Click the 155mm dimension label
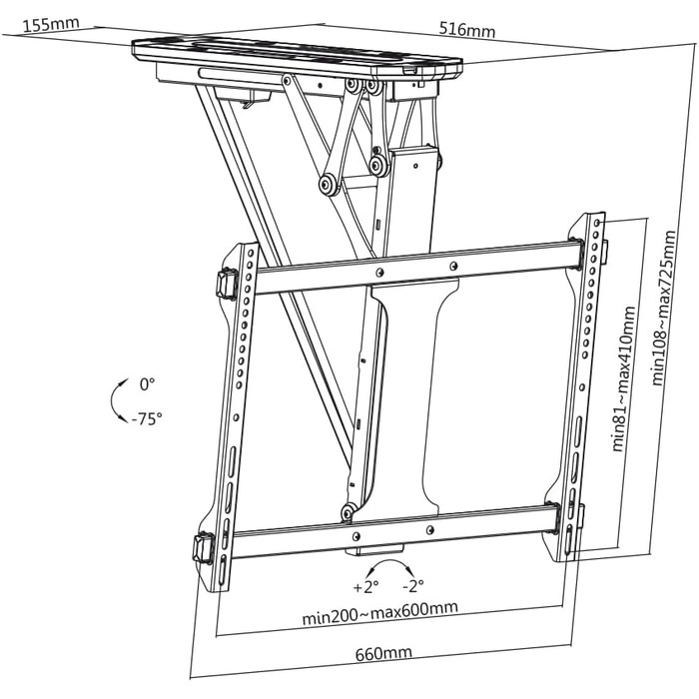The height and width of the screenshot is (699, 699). tap(51, 24)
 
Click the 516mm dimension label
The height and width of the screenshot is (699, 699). tap(466, 30)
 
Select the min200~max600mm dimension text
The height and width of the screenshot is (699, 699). tap(380, 609)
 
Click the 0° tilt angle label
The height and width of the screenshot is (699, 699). tap(149, 383)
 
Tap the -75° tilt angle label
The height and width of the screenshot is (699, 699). tap(146, 419)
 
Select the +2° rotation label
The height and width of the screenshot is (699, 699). tap(365, 585)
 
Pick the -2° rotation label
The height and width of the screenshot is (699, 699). tap(412, 585)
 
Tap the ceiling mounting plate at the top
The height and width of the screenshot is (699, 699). tap(300, 55)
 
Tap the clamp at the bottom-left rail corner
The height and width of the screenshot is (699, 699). tap(206, 548)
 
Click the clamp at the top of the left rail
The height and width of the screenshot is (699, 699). tap(226, 283)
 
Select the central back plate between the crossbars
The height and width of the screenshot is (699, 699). tap(409, 399)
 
